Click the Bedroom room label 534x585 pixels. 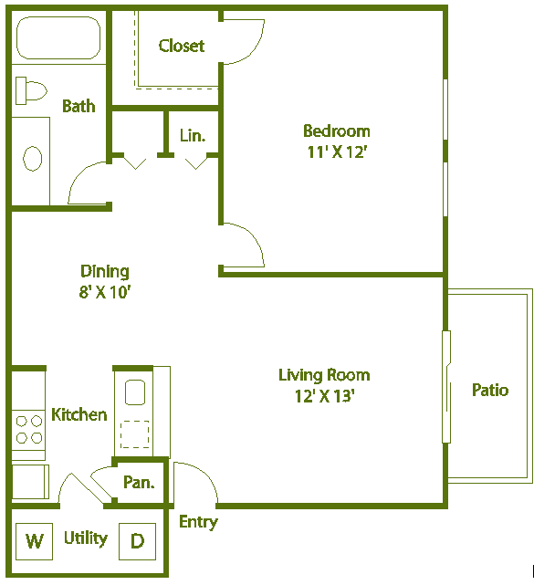coord(336,131)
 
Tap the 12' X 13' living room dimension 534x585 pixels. coord(324,396)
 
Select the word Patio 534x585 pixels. coord(489,390)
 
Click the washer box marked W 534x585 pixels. coord(35,540)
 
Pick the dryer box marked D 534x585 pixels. coord(137,540)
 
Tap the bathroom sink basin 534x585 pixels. coord(32,159)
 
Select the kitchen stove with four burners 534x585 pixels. coord(28,430)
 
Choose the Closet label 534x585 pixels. coord(181,46)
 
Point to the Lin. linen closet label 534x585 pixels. coord(192,136)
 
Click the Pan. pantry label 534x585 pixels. coord(139,483)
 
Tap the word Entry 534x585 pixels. coord(198,522)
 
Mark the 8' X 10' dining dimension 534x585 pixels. coord(105,292)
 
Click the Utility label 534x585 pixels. coord(85,538)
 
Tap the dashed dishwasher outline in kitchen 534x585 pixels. coord(135,434)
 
